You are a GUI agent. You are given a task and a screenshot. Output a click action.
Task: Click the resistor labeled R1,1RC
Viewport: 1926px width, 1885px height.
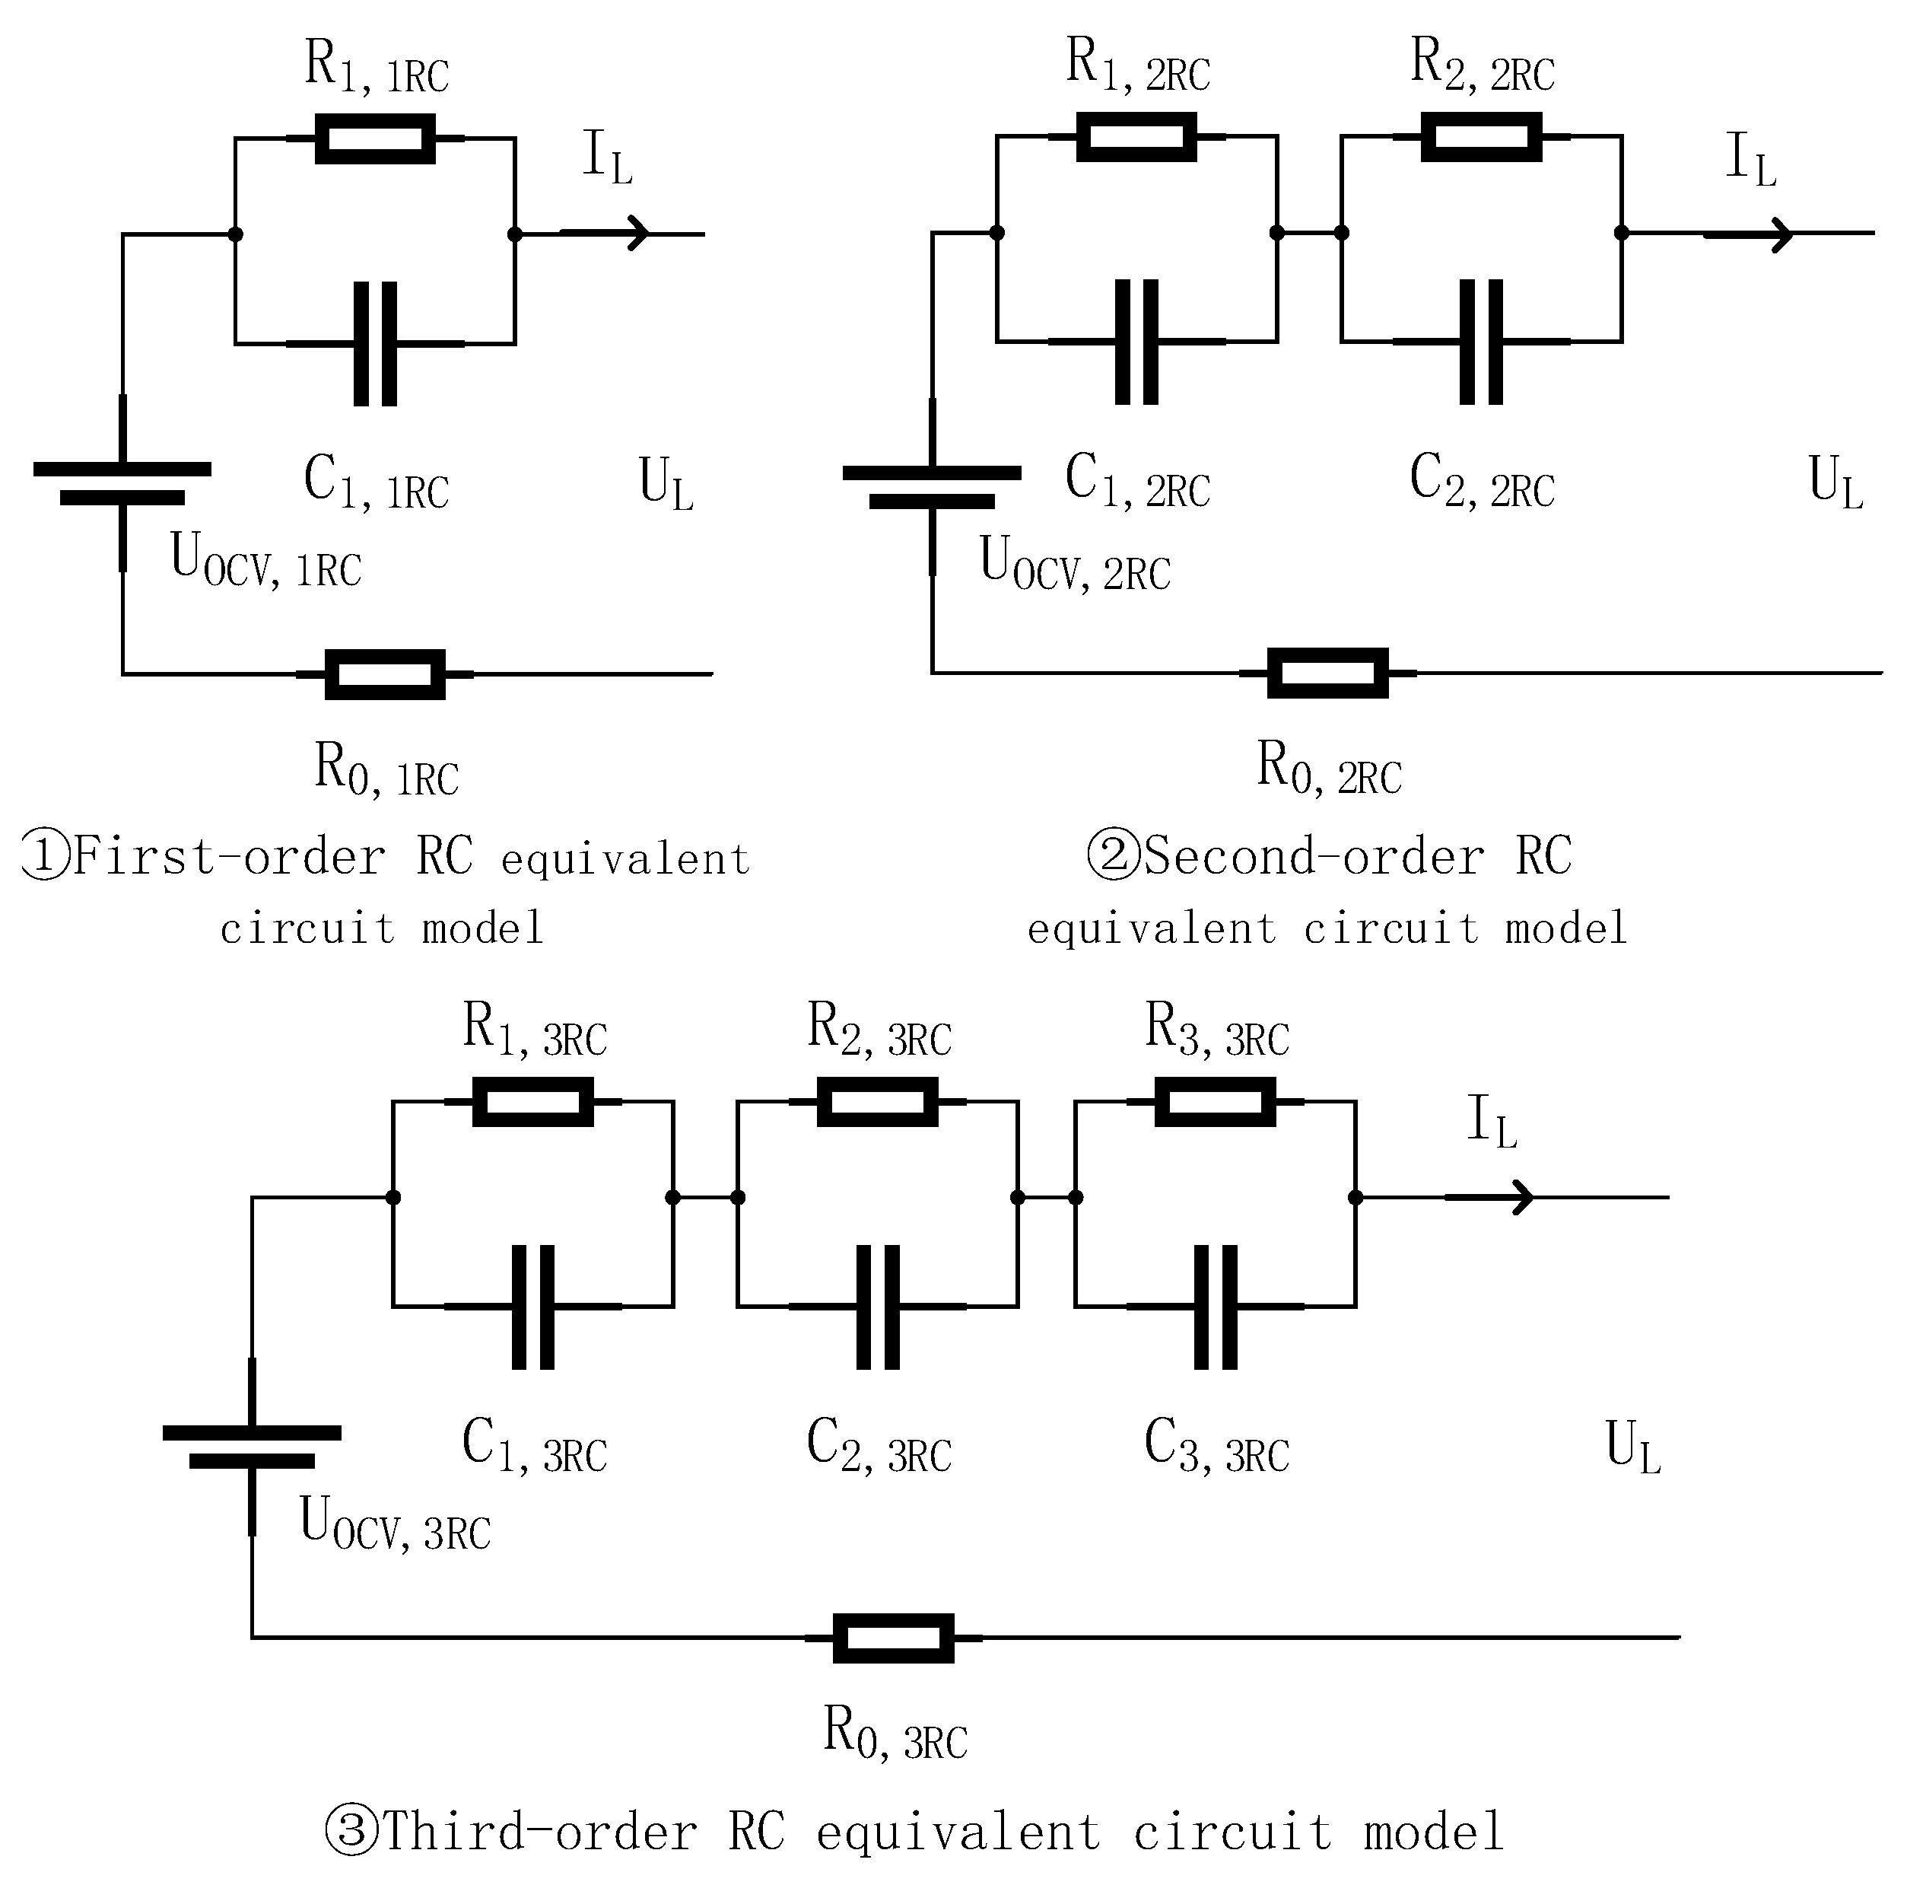375,139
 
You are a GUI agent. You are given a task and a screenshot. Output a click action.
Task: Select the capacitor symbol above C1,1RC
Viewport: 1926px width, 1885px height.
375,343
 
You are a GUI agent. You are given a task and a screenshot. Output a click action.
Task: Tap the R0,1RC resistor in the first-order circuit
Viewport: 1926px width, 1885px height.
385,674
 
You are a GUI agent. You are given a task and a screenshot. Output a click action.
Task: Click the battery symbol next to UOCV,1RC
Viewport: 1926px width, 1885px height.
122,483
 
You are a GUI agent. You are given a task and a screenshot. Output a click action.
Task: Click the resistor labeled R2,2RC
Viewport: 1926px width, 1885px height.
1480,137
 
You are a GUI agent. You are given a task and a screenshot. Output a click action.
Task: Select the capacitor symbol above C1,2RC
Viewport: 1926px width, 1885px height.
1136,342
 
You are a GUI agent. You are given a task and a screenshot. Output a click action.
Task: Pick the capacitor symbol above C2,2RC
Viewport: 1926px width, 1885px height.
1480,342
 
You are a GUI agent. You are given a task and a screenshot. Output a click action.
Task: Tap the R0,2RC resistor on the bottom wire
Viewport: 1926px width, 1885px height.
1327,673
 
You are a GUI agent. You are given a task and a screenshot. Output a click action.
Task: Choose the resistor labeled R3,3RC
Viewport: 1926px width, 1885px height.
1216,1102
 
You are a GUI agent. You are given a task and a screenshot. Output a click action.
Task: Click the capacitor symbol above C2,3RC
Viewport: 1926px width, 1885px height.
877,1307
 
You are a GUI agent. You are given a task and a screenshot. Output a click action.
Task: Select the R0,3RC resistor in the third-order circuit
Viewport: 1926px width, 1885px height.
893,1638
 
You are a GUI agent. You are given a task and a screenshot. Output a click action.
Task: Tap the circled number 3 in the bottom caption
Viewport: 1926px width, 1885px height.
351,1830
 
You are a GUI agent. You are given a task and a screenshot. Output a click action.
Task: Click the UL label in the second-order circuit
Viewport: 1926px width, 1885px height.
1835,482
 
